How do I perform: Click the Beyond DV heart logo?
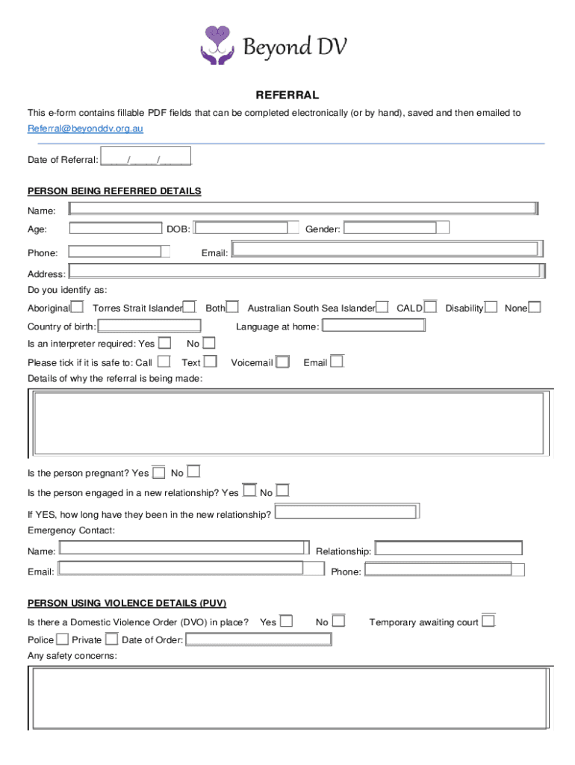[x=217, y=45]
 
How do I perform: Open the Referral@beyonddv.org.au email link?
[x=85, y=128]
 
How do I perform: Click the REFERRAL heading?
[x=287, y=95]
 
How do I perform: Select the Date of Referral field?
[x=146, y=159]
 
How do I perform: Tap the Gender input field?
[x=396, y=228]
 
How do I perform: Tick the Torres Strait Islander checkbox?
[x=190, y=307]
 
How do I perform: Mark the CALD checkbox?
[x=430, y=307]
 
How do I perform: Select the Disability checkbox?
[x=491, y=307]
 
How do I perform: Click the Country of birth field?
[x=149, y=326]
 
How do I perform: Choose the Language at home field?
[x=373, y=326]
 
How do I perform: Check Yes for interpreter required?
[x=165, y=343]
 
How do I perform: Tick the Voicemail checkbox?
[x=282, y=362]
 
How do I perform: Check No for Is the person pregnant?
[x=193, y=472]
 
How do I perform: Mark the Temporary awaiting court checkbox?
[x=488, y=621]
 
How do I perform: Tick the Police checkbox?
[x=62, y=639]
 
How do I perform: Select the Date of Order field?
[x=258, y=639]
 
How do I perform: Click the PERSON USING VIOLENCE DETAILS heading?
[x=127, y=603]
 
